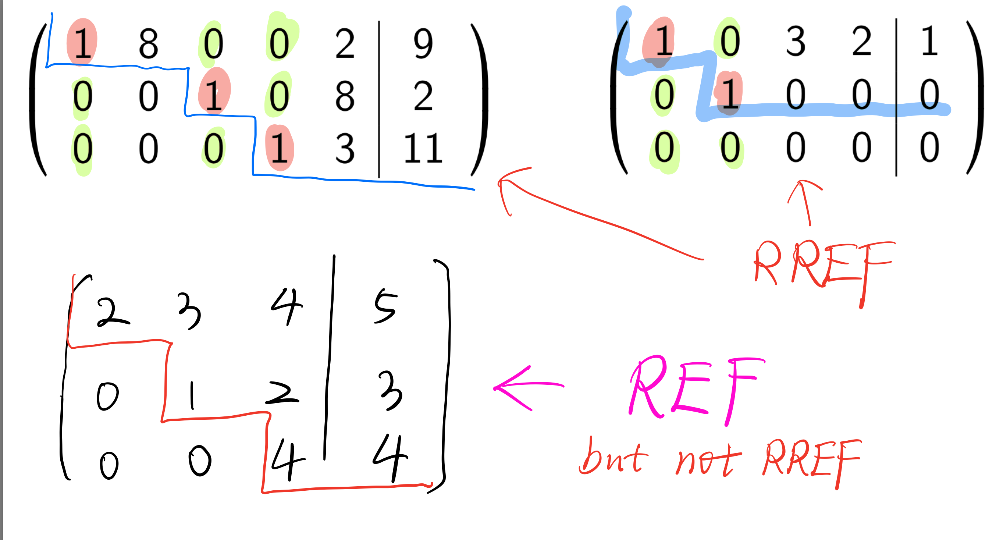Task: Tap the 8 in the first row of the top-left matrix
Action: click(149, 44)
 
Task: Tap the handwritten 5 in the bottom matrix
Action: click(385, 306)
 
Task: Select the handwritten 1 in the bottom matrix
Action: click(192, 395)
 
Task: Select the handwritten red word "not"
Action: click(708, 460)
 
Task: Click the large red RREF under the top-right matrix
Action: click(824, 267)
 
